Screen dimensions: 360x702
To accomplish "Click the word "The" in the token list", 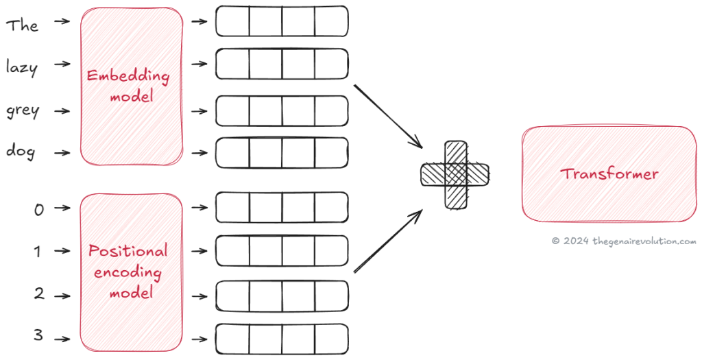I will (x=22, y=26).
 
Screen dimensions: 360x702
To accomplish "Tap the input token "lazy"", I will (x=22, y=68).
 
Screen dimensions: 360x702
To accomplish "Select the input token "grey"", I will (x=23, y=111).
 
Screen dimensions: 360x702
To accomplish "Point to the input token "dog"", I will (x=21, y=151).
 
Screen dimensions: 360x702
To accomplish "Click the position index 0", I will (x=39, y=209).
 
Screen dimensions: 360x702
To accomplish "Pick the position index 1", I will (x=38, y=252).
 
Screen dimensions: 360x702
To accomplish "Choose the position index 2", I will (x=39, y=295).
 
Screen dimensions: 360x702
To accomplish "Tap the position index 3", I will (x=39, y=337).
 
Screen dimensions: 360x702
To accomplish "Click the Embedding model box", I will (x=132, y=87).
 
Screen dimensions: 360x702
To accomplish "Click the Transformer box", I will (x=609, y=173).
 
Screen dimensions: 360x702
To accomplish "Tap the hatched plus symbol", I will (x=455, y=174).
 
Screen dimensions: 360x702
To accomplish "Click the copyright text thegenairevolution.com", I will (x=624, y=241).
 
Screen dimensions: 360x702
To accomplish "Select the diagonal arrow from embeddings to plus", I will (x=389, y=115).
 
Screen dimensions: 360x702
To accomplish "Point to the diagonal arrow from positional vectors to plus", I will (x=388, y=241).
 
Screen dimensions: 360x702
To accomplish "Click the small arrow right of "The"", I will (x=62, y=22).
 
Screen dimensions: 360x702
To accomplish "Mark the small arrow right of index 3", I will (x=62, y=338).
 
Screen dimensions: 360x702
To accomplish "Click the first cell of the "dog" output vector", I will (x=232, y=153).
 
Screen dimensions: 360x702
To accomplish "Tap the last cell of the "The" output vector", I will (x=331, y=21).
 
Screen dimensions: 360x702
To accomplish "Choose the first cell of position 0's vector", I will (x=232, y=207).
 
